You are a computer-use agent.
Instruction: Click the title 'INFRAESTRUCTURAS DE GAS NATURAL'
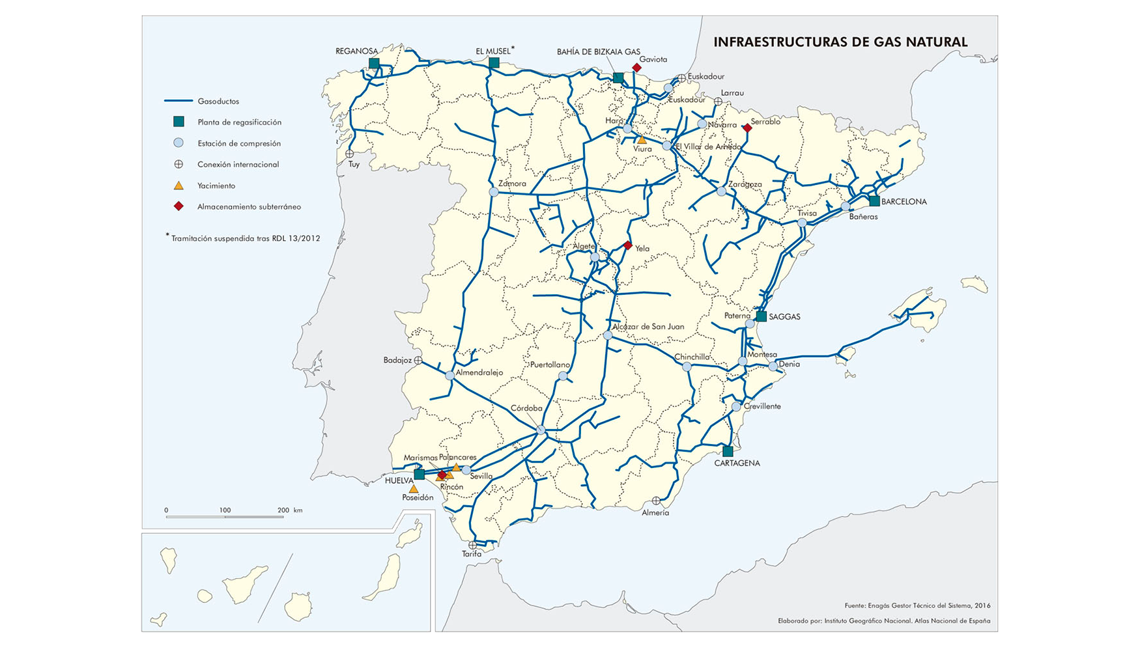tap(840, 42)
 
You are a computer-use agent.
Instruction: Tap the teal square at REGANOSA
tap(374, 63)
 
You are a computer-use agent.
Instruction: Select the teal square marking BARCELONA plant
tap(874, 201)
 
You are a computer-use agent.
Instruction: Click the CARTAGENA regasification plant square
tap(728, 451)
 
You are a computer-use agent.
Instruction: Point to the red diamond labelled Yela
tap(627, 245)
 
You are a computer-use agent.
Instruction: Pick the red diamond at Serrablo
tap(747, 128)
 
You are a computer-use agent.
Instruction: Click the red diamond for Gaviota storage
tap(636, 68)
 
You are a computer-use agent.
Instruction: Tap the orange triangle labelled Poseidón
tap(414, 489)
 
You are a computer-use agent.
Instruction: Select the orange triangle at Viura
tap(642, 140)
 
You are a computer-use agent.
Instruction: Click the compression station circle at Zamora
tap(494, 192)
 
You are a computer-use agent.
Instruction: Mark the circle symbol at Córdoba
tap(541, 430)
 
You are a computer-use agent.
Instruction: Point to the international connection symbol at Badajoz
tap(418, 360)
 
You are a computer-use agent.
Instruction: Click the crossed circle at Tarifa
tap(472, 546)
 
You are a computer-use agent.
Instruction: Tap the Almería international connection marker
tap(656, 501)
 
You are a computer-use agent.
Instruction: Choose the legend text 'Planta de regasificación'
tap(239, 122)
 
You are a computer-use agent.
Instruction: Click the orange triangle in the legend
tap(178, 186)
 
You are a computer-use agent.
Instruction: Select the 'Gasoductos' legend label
tap(218, 102)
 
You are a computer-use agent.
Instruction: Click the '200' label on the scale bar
tap(283, 510)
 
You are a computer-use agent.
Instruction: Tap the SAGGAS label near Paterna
tap(784, 317)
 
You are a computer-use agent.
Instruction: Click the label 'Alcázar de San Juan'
tap(648, 327)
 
